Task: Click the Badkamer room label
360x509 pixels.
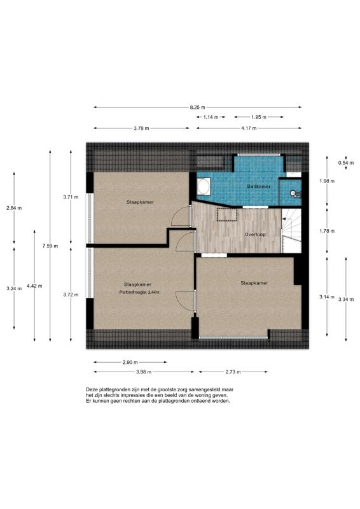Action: (259, 186)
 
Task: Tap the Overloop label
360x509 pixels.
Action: (254, 234)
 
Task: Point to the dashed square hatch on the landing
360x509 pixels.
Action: (226, 214)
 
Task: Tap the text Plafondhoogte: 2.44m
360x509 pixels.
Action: (139, 293)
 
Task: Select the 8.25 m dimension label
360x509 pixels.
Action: (198, 107)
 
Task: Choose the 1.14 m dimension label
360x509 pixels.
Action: (211, 118)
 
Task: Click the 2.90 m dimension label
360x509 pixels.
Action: (130, 363)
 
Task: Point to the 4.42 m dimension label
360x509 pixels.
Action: (34, 286)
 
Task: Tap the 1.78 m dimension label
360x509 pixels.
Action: (326, 230)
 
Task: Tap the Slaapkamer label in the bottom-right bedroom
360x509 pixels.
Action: (253, 282)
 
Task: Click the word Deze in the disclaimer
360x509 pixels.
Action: (92, 389)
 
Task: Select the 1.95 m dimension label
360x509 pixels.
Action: (258, 118)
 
